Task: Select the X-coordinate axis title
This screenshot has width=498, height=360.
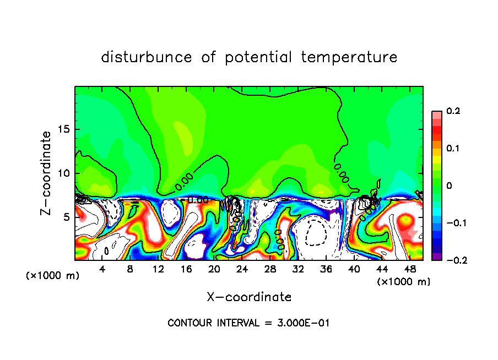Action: pos(249,297)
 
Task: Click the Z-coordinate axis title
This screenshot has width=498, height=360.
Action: pos(47,173)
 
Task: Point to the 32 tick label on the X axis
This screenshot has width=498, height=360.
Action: pos(298,269)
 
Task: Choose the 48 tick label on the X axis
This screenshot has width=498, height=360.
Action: pos(410,269)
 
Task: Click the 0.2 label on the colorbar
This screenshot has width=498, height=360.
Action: pos(452,112)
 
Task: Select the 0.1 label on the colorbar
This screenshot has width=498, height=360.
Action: pos(452,149)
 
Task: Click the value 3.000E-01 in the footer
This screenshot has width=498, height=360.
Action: pos(304,323)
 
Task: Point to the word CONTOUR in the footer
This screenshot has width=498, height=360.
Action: pos(188,323)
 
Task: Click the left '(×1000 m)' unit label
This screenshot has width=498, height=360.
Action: pos(52,276)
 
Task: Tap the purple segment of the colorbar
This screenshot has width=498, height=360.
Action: pos(436,257)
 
